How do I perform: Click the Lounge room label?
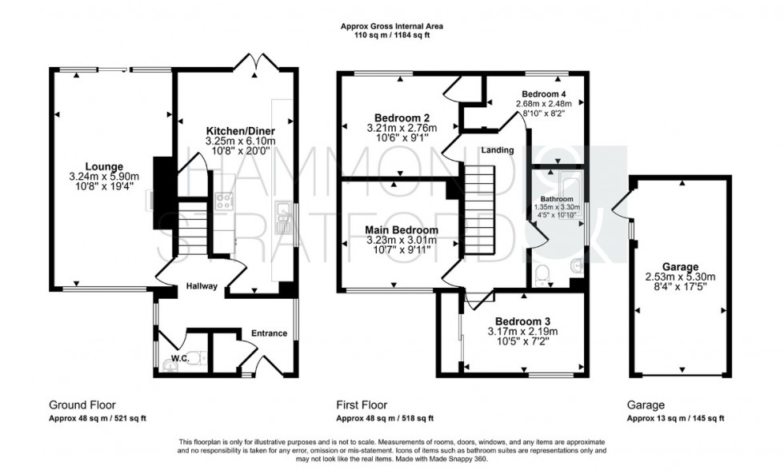(x=104, y=167)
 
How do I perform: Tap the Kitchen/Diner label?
(x=240, y=131)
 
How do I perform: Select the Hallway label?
(x=202, y=286)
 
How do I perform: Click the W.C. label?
(x=180, y=358)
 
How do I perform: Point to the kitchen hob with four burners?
(x=223, y=201)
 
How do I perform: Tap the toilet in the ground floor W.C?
(x=198, y=360)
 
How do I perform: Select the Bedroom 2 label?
(x=402, y=118)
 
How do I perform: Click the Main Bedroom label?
(x=402, y=230)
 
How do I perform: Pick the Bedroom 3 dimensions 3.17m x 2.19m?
(x=522, y=331)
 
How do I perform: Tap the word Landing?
(x=498, y=149)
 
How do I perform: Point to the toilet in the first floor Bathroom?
(x=541, y=275)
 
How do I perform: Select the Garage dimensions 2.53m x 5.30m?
(x=681, y=277)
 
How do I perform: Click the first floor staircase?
(x=479, y=210)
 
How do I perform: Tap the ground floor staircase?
(x=192, y=228)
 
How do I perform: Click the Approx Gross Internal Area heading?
(x=391, y=26)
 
